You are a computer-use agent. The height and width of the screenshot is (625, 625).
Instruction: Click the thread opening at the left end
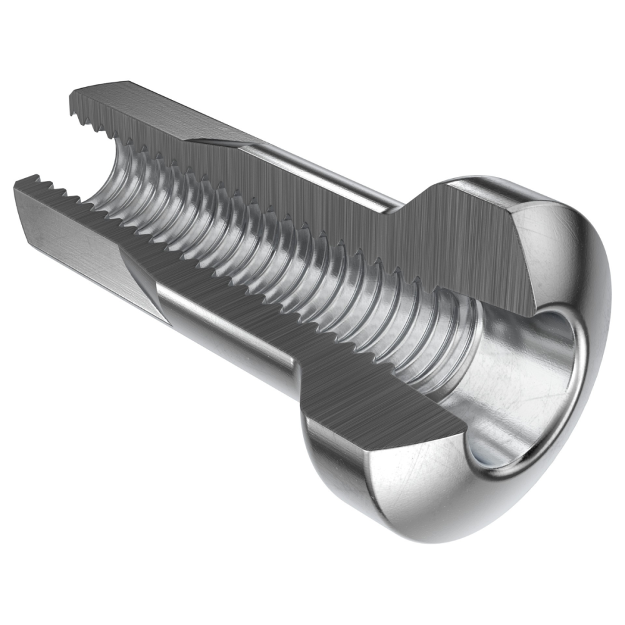pyautogui.click(x=94, y=169)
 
